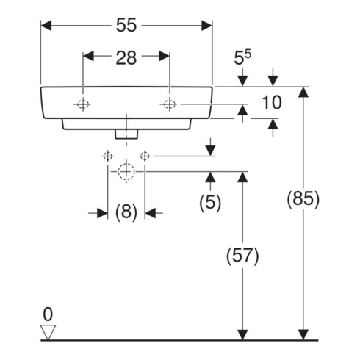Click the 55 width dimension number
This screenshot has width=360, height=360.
(126, 25)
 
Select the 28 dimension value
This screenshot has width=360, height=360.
(126, 58)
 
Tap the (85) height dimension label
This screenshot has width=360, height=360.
(303, 198)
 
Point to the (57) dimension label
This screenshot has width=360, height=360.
(242, 256)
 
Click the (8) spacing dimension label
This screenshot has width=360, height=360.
(126, 212)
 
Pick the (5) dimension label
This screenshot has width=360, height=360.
(210, 202)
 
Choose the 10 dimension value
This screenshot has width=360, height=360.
(272, 102)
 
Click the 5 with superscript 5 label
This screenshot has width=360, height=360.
(242, 58)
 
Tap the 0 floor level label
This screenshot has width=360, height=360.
(48, 314)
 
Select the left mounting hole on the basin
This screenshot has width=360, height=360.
(83, 104)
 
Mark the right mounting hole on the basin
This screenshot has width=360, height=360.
(169, 104)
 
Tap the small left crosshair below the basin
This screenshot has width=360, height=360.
(108, 156)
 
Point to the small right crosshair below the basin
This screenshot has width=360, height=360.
(145, 156)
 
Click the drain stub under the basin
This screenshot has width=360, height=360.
(126, 134)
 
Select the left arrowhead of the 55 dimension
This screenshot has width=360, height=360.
(46, 26)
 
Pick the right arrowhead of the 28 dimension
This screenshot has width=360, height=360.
(164, 56)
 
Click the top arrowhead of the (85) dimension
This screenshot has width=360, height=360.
(303, 93)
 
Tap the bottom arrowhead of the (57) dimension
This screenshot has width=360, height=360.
(242, 334)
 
